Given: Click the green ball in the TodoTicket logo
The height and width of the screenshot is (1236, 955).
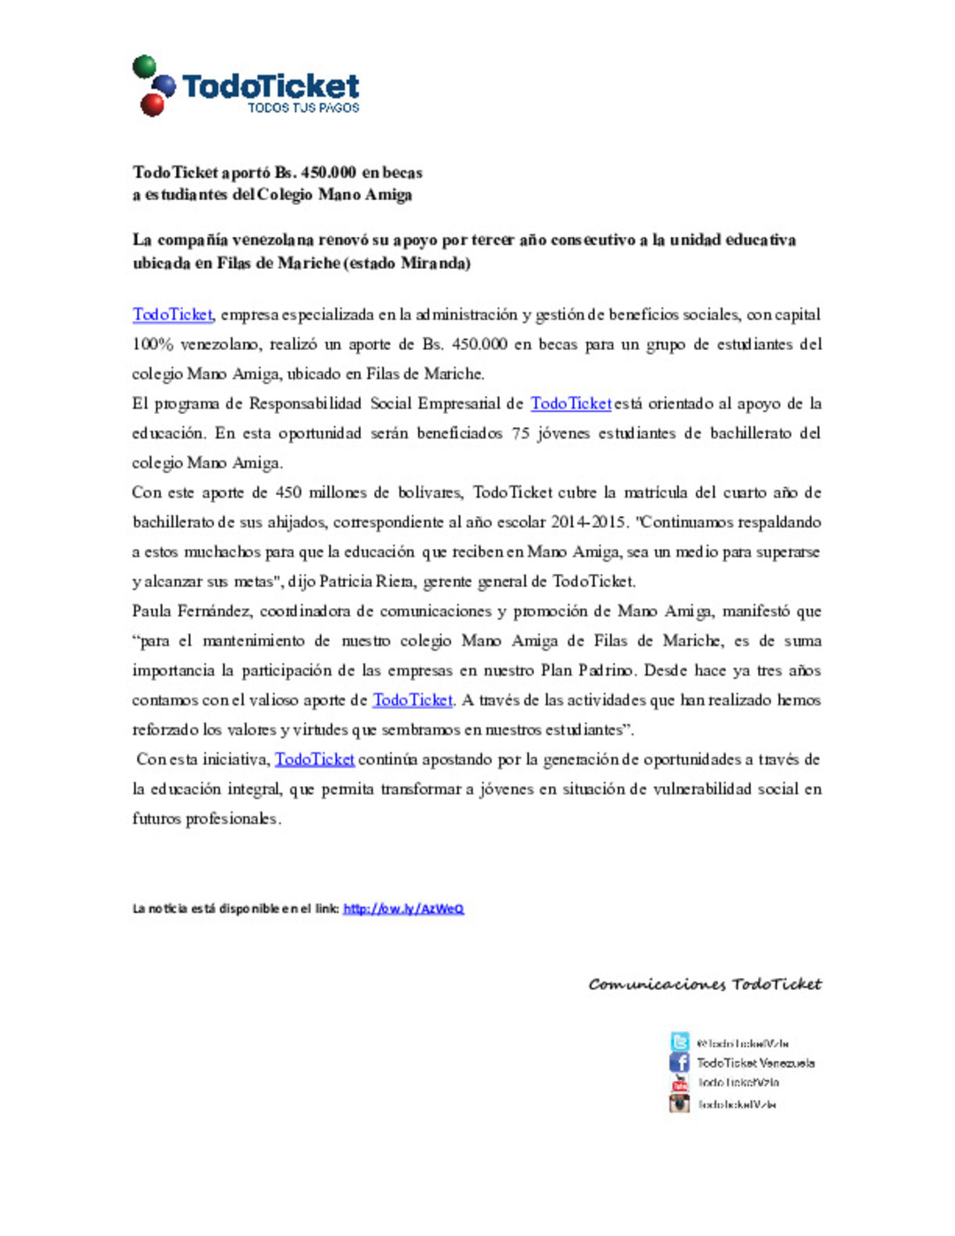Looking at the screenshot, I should point(144,66).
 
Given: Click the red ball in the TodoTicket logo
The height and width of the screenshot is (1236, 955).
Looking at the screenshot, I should point(152,105).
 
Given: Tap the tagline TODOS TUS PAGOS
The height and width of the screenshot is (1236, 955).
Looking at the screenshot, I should point(303,108).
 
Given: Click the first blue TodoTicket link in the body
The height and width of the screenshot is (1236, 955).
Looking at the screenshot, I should point(172,315).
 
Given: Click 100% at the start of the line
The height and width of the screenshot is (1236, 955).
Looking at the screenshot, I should point(152,345).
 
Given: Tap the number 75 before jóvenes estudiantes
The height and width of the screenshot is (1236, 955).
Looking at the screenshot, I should point(520,433).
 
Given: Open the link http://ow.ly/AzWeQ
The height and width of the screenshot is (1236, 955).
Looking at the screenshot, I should point(403,909).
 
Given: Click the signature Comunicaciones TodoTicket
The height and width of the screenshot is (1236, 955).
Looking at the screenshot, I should point(705,984).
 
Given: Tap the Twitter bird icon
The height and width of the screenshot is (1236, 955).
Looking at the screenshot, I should point(679,1042).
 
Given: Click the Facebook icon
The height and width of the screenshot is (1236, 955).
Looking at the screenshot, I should point(679,1063).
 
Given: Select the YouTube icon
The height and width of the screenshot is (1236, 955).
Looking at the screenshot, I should point(679,1083).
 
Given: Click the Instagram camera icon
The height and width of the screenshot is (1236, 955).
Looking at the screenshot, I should point(679,1103).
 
